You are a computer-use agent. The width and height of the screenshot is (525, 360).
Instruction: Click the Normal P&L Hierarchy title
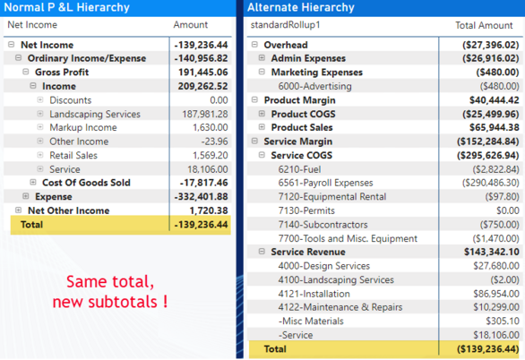click(x=66, y=8)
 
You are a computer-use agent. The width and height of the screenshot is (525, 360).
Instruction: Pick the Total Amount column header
click(x=485, y=25)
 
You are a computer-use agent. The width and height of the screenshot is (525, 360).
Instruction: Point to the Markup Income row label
click(x=82, y=128)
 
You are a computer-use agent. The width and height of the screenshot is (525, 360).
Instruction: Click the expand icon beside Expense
click(x=26, y=196)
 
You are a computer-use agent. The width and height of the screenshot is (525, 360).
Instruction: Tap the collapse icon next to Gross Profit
click(x=26, y=73)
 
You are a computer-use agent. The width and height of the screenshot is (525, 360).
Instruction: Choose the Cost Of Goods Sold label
click(x=86, y=183)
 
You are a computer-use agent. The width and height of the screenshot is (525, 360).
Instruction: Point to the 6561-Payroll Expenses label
click(x=325, y=183)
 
